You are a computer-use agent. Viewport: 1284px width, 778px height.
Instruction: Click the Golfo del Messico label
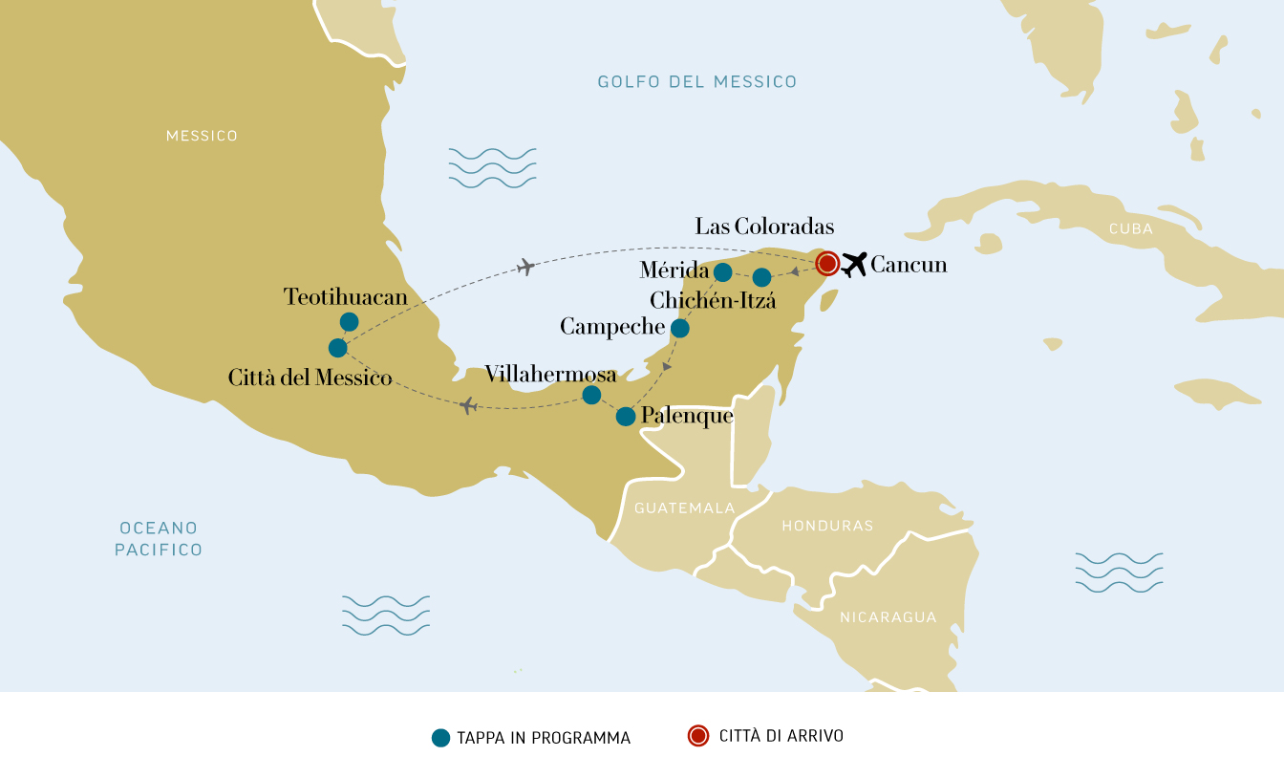(696, 82)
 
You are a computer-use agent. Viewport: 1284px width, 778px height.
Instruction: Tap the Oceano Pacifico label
(159, 539)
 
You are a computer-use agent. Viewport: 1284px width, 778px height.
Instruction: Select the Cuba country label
(1130, 229)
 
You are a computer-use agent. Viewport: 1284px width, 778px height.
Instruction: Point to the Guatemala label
(684, 508)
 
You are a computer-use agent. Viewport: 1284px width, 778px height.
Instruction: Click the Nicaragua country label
(888, 617)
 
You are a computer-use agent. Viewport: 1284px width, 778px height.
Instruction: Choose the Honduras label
(827, 526)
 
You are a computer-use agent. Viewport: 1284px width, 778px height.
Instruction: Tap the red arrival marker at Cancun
(827, 263)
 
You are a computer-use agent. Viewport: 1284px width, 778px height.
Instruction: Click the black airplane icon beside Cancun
(854, 264)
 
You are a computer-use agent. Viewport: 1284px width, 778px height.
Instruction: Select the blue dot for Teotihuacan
(349, 322)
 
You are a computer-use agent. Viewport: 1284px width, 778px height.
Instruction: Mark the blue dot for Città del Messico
(337, 348)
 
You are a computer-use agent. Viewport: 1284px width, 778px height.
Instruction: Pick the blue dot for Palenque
(626, 417)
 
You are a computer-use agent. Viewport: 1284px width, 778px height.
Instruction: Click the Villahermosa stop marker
(591, 395)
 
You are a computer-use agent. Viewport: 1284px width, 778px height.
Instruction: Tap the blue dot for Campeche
(680, 329)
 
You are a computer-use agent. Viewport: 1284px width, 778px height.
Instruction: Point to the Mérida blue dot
(723, 272)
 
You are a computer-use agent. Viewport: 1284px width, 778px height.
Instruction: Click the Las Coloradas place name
(764, 227)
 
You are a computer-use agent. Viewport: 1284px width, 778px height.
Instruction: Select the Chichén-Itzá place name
(713, 301)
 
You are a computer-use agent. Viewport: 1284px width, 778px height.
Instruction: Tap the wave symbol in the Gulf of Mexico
(492, 167)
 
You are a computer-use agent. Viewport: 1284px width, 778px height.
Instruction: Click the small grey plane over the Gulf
(524, 267)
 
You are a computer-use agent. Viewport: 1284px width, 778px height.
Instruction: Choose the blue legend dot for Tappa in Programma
(440, 737)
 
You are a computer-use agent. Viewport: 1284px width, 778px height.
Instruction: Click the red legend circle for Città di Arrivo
(698, 736)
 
